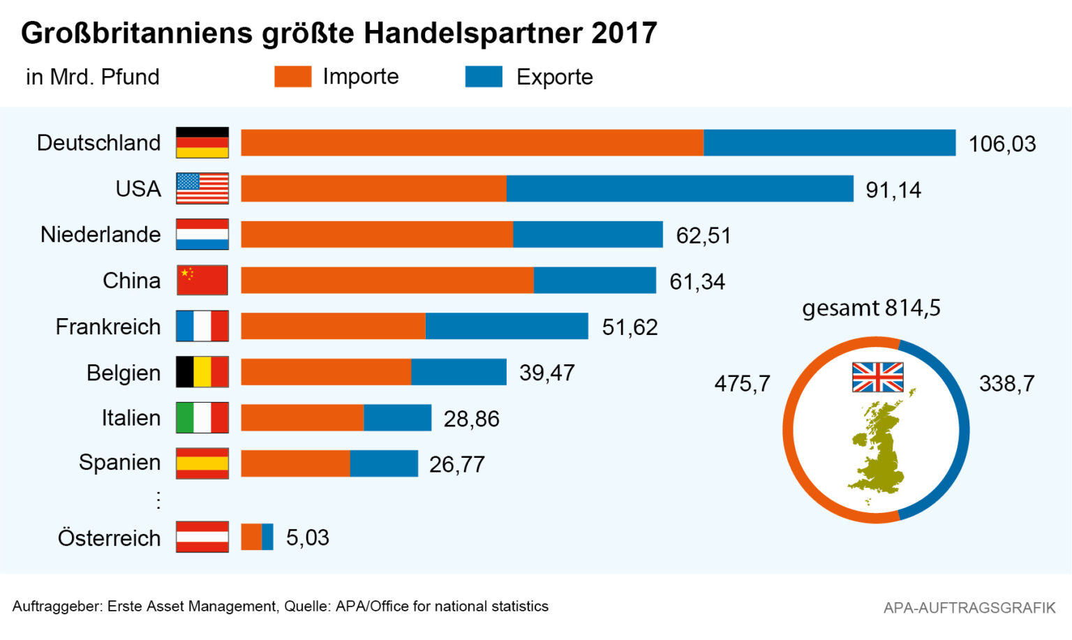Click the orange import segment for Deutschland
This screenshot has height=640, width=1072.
click(472, 143)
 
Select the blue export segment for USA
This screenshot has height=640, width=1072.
click(680, 188)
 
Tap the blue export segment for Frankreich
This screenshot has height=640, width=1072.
click(507, 326)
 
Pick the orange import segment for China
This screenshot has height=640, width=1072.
click(387, 280)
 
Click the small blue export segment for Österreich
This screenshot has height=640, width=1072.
click(268, 537)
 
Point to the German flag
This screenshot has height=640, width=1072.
click(202, 142)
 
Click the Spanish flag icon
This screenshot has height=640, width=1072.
click(202, 463)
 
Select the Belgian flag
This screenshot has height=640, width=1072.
click(202, 372)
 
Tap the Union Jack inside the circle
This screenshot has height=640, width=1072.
click(877, 378)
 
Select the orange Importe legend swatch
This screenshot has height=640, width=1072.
click(292, 77)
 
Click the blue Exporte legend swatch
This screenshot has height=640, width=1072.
click(484, 77)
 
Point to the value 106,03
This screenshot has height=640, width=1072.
click(1002, 144)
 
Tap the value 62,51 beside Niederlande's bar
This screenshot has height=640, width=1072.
click(703, 235)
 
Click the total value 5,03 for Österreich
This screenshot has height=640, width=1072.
click(308, 537)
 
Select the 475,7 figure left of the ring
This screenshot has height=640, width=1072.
click(742, 383)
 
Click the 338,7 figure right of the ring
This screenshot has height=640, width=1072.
click(1006, 383)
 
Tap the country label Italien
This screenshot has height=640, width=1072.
click(131, 418)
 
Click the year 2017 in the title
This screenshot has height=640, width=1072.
click(624, 33)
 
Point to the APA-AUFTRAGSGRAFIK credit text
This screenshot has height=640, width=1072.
click(969, 608)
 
